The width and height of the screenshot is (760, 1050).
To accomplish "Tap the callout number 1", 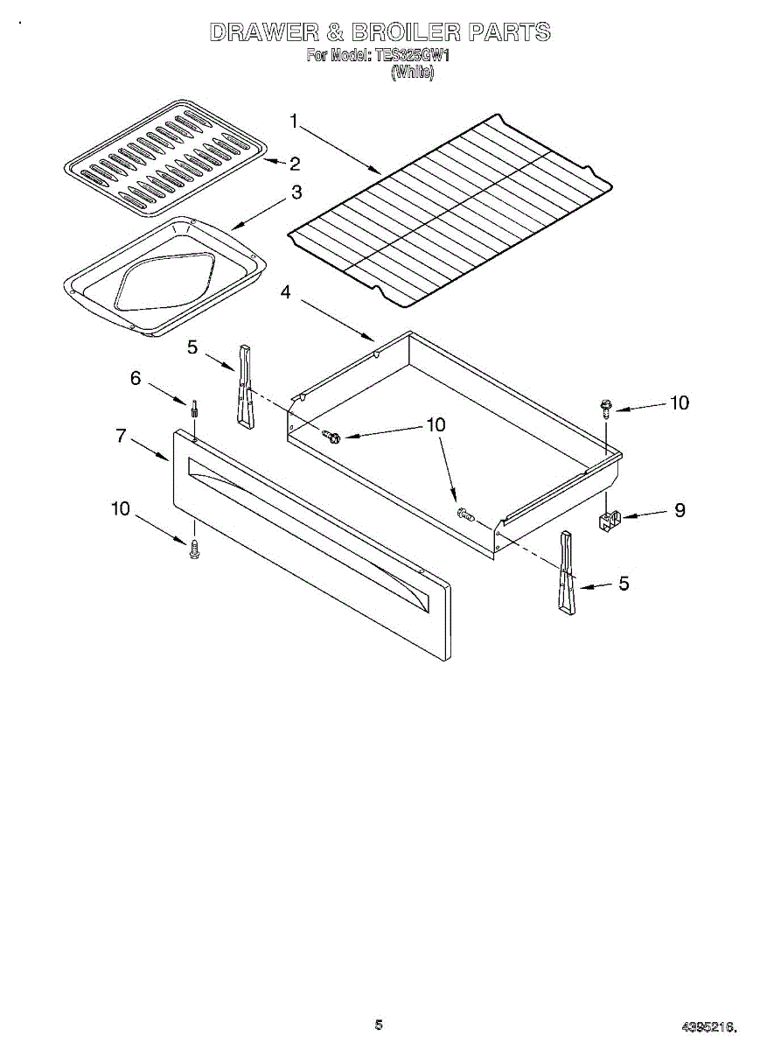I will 295,122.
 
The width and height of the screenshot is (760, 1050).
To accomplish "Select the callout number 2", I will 295,163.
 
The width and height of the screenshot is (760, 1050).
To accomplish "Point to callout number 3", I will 296,192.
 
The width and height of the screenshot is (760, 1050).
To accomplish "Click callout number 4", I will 286,293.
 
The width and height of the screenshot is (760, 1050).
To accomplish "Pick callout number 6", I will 136,378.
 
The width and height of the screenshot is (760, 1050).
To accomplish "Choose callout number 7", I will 122,435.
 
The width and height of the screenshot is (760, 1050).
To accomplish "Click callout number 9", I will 679,511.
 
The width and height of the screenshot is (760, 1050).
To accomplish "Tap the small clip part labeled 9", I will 609,521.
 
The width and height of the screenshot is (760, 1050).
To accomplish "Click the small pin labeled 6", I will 194,408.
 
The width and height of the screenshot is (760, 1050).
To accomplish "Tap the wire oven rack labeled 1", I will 450,210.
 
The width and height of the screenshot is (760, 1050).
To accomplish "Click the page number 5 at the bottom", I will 379,1025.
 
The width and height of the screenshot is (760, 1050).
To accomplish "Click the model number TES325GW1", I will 412,57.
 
